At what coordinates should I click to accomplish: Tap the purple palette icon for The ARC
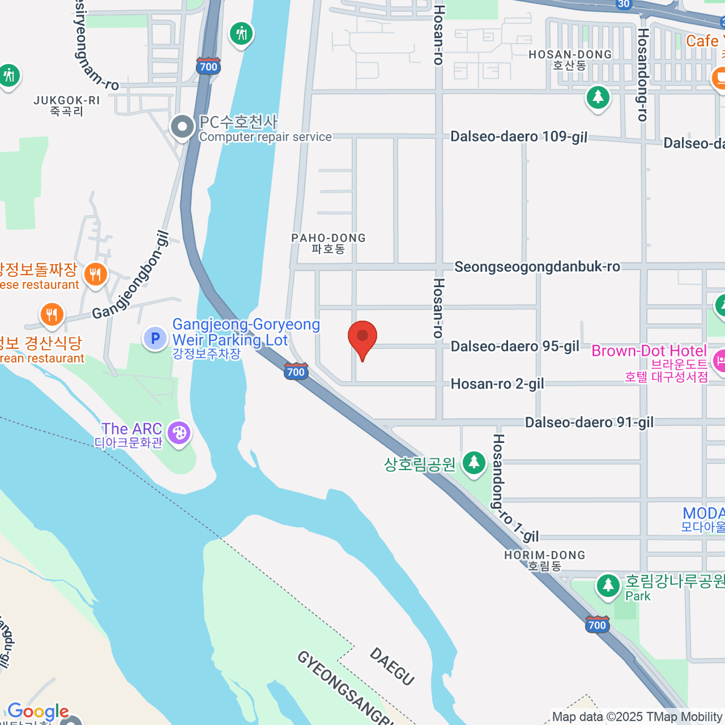179,433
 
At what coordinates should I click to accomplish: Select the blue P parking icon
155,338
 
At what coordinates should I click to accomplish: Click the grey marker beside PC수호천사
182,127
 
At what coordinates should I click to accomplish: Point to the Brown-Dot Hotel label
649,351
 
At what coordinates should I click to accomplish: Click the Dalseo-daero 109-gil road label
518,137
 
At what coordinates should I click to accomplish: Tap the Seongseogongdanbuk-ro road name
537,266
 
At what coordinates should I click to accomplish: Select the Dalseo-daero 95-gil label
515,346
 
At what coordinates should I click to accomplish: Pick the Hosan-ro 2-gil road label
497,384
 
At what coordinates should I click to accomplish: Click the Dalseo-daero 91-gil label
589,422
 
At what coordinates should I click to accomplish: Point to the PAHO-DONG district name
329,243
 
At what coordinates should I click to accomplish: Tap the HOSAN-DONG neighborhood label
570,59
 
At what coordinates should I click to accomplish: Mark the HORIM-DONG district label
544,560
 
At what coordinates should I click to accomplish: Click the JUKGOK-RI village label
66,106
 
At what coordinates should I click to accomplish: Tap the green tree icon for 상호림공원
474,463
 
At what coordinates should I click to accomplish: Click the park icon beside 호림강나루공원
608,585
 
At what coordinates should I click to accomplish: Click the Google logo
38,712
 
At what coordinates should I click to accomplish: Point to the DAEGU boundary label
392,666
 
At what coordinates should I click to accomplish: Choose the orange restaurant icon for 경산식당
52,315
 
